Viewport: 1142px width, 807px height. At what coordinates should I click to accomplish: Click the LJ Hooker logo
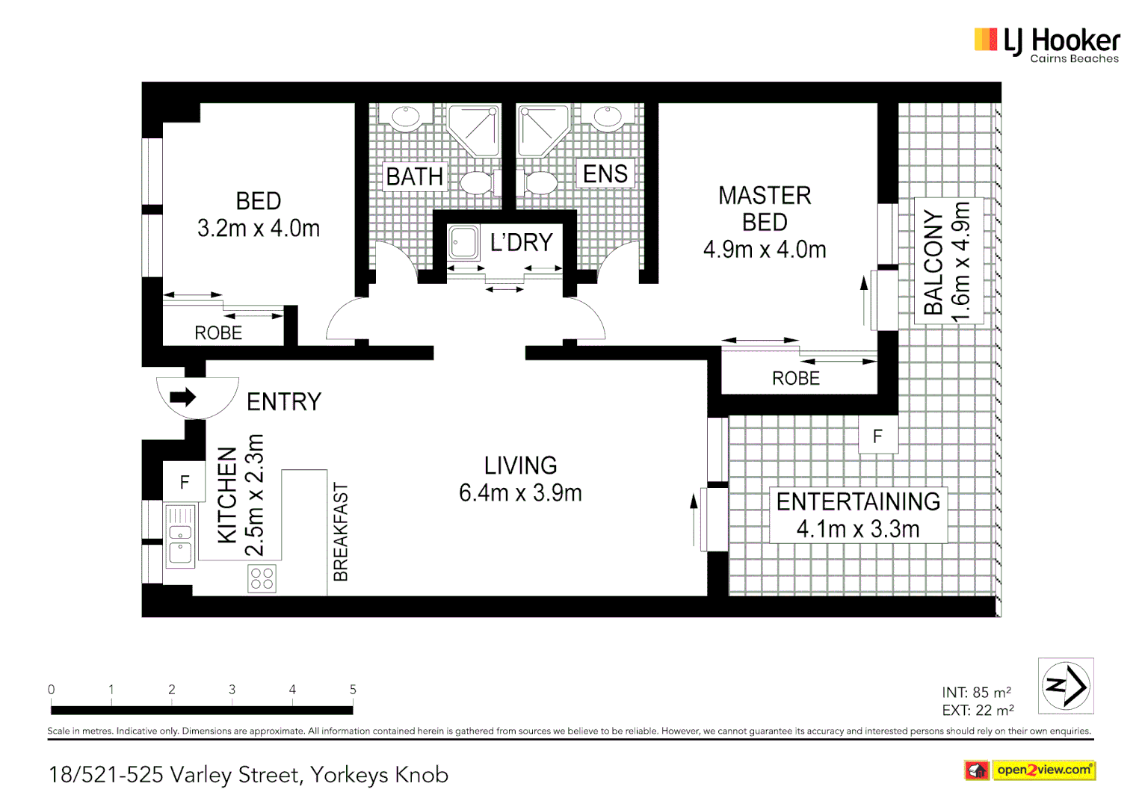pos(1046,45)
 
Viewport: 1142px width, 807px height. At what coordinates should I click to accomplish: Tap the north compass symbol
pos(1066,685)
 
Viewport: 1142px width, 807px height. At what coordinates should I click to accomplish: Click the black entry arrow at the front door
pos(182,397)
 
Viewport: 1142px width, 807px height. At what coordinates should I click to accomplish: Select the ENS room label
pos(605,174)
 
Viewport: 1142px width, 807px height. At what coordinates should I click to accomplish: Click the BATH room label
pos(415,176)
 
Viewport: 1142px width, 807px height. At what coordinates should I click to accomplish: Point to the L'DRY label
pos(521,242)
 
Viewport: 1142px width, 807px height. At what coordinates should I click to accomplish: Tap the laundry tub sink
pos(463,243)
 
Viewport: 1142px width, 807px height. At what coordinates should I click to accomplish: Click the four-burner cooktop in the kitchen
pos(262,578)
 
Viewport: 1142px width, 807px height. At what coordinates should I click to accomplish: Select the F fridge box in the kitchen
pos(184,482)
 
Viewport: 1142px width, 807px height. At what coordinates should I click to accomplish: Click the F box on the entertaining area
pos(877,436)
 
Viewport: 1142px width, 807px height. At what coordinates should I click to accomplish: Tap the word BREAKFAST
pos(341,531)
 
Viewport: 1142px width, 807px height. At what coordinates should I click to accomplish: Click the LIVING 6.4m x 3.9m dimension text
pos(520,492)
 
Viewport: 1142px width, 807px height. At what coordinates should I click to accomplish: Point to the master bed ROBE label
pos(796,379)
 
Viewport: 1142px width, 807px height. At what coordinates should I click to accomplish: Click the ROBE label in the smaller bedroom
pos(218,333)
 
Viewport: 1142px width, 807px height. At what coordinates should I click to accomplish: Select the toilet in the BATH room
pos(475,182)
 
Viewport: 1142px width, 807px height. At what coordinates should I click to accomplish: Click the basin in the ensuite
pos(608,117)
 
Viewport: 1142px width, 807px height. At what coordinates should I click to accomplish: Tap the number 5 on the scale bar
pos(353,690)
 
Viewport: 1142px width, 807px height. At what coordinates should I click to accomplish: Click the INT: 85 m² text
pos(977,693)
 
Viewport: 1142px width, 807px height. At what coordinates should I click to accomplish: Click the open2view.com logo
pos(1030,770)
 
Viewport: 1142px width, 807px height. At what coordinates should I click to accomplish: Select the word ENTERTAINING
pos(858,501)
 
